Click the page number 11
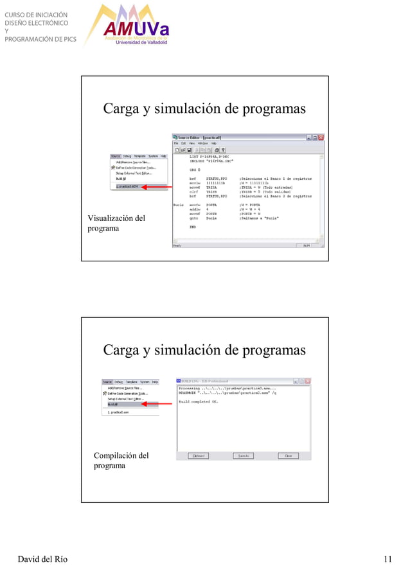pos(388,559)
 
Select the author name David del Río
pos(42,559)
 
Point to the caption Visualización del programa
pos(116,223)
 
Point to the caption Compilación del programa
pos(121,460)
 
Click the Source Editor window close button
pos(321,137)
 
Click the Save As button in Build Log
pos(243,456)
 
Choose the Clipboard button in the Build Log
pos(198,456)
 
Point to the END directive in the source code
pos(192,227)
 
